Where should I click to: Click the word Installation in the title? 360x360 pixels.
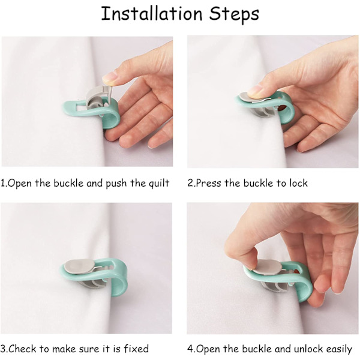152,14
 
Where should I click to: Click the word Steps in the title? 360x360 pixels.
234,14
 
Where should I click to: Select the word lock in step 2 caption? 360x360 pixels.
298,183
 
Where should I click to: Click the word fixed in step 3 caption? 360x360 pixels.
136,349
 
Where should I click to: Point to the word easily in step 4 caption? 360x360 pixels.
339,349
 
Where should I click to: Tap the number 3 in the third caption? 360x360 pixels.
3,349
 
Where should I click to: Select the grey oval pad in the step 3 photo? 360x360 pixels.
78,265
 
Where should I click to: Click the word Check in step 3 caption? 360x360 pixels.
22,349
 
